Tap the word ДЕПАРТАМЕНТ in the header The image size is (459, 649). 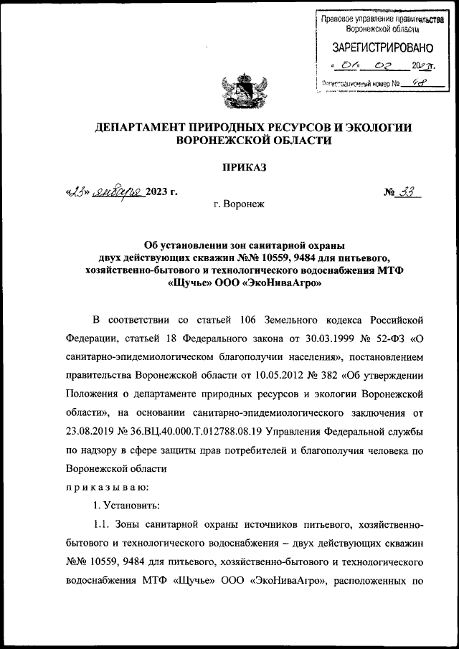pyautogui.click(x=144, y=127)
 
